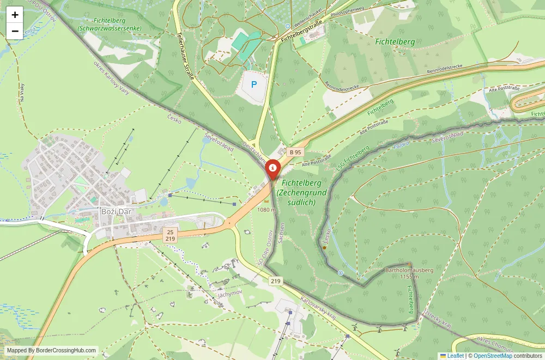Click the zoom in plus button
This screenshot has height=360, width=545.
15,15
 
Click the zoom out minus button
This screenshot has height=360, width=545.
15,31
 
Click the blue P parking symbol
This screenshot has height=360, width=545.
253,85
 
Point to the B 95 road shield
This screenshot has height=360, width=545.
295,152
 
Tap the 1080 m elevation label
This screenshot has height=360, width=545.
267,210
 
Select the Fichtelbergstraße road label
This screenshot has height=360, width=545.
300,32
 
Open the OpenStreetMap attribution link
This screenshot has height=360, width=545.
493,356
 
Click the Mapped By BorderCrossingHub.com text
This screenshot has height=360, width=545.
52,351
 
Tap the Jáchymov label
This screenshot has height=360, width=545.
229,294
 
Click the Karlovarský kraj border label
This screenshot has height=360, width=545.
319,309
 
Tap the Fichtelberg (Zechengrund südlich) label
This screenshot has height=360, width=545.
301,193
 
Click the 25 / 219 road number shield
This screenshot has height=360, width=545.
170,235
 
